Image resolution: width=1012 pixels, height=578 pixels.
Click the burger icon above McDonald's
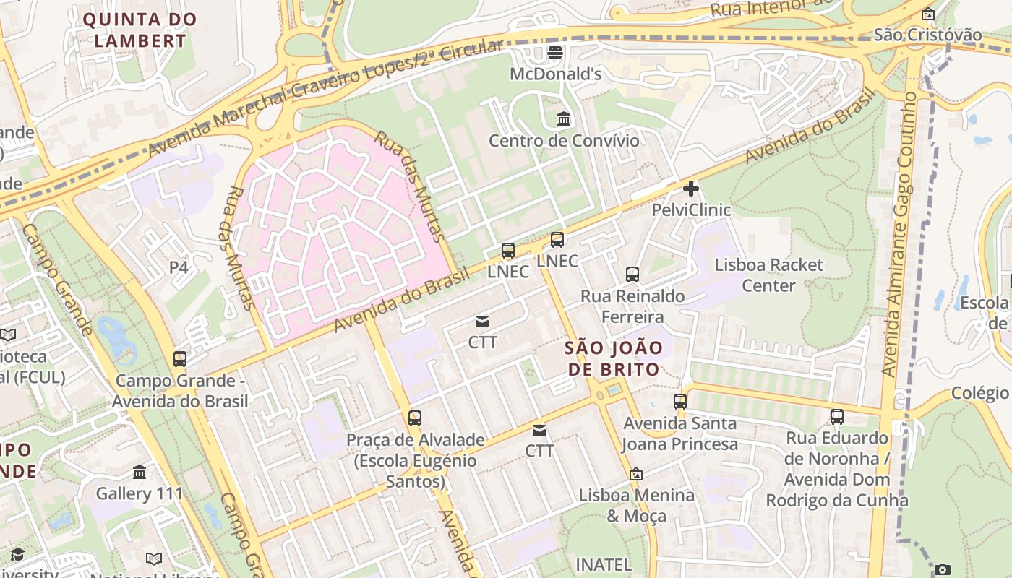point(555,52)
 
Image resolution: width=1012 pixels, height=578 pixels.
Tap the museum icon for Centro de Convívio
point(564,118)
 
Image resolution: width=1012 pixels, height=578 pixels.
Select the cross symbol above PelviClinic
point(691,189)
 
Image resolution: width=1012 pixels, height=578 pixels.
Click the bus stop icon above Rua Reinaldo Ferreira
point(632,275)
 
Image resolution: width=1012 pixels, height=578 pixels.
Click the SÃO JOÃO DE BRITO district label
point(614,358)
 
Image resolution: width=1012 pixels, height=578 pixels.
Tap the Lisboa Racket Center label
point(768,275)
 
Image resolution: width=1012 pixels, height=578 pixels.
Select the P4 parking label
point(179,267)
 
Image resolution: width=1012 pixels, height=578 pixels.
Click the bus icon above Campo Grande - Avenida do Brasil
point(180,358)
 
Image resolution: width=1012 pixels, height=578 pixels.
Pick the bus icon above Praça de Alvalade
point(414,418)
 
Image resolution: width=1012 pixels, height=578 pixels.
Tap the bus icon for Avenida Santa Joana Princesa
point(680,402)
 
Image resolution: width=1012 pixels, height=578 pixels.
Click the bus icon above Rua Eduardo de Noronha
point(836,416)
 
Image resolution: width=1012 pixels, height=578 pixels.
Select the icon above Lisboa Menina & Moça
point(636,474)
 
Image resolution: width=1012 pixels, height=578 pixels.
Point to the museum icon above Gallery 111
point(140,472)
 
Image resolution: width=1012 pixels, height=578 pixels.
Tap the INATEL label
point(604,564)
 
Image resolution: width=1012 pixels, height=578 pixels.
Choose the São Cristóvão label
point(928,34)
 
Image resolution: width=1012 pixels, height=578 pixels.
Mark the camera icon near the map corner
point(942,570)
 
